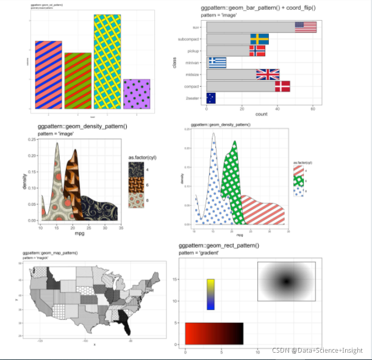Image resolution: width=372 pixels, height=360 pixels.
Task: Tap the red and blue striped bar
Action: [48, 74]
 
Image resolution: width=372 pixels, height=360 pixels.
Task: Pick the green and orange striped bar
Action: [78, 81]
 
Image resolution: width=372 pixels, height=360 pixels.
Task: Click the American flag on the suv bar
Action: [306, 27]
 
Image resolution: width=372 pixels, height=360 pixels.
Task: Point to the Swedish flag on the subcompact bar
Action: [259, 39]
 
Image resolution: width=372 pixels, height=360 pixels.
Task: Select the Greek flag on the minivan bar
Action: [216, 62]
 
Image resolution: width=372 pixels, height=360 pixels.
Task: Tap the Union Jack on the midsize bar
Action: [268, 74]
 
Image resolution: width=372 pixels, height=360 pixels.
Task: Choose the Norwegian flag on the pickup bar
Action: [257, 51]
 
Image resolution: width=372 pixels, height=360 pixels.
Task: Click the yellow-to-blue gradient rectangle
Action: [210, 294]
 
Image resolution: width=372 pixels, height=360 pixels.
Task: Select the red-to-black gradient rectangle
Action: [214, 333]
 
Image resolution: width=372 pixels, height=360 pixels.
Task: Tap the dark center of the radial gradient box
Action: [286, 281]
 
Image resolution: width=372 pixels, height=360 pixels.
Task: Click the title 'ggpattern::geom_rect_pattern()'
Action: [218, 245]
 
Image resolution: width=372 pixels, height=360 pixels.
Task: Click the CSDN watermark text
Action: [317, 350]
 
